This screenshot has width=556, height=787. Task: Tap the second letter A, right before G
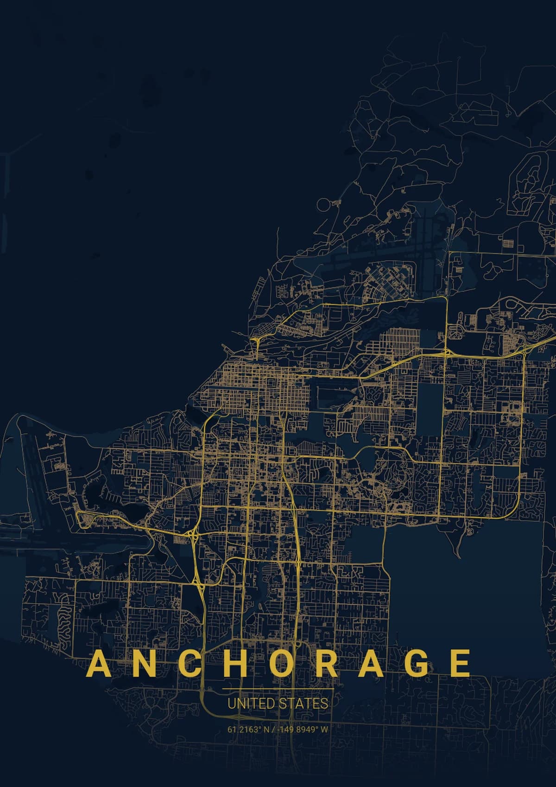pyautogui.click(x=370, y=664)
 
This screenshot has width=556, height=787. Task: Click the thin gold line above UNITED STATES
pyautogui.click(x=278, y=690)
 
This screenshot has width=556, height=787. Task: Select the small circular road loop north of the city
pyautogui.click(x=324, y=204)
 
